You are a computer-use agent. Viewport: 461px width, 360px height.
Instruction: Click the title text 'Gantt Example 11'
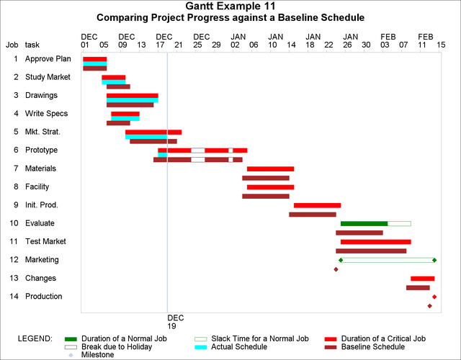click(230, 6)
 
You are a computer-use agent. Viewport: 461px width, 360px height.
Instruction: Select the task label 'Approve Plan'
click(47, 58)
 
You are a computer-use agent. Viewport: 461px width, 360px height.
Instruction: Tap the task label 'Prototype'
click(41, 150)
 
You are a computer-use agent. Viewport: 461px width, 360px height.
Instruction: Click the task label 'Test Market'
click(45, 241)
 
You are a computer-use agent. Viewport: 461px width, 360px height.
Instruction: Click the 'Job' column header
click(12, 44)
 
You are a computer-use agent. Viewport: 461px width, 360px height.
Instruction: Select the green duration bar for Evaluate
click(364, 223)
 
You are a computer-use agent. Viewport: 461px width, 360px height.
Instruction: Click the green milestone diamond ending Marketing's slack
click(434, 260)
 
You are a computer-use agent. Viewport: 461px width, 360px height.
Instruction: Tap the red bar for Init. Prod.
click(317, 205)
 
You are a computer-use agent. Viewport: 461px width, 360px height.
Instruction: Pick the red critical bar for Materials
click(270, 168)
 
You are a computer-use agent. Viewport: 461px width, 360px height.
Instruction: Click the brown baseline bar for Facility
click(266, 196)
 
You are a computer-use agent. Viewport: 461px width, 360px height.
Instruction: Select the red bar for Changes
click(423, 278)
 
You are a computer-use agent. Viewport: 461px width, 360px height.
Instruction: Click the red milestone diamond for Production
click(434, 297)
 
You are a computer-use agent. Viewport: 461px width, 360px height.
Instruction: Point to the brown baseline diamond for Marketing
click(336, 269)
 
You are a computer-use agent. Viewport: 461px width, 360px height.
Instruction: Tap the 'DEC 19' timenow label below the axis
click(175, 320)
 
